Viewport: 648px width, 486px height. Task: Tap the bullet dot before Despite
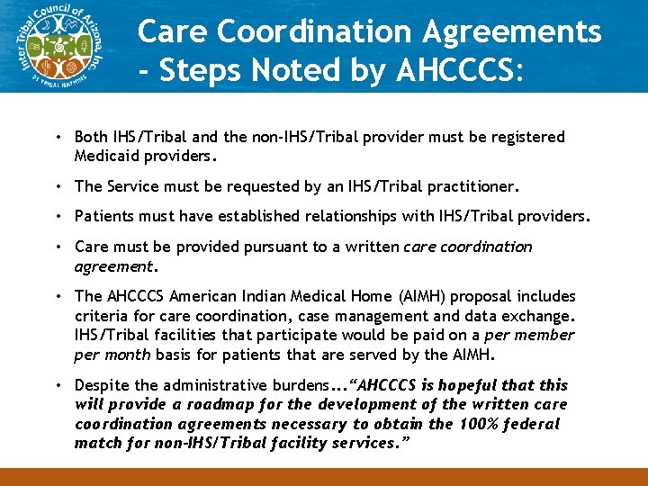click(x=57, y=385)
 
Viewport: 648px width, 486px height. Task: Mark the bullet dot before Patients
click(x=57, y=217)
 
